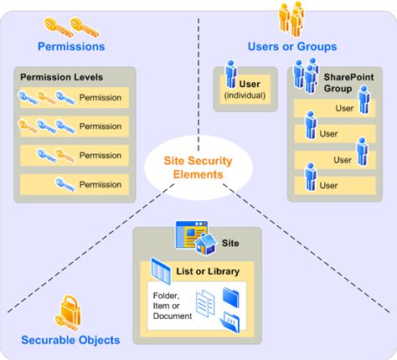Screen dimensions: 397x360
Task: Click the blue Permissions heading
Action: [71, 46]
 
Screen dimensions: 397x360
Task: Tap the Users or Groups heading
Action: [292, 46]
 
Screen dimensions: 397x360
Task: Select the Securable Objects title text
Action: [70, 340]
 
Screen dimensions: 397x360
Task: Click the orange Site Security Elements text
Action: [198, 167]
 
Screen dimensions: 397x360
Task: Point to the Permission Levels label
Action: [61, 77]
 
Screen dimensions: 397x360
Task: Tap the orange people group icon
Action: [291, 19]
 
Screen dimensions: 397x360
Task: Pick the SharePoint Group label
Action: [348, 83]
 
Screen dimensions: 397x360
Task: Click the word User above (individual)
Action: [250, 84]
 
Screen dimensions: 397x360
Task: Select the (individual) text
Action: [245, 95]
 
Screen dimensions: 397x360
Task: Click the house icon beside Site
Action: [206, 244]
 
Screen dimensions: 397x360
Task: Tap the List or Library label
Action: [208, 271]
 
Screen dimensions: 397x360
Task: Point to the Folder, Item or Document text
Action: [173, 306]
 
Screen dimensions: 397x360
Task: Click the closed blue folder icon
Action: [231, 298]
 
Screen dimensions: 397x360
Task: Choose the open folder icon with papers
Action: [229, 322]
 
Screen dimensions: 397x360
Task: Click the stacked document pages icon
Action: [205, 304]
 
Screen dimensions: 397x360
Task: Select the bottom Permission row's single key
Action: [65, 185]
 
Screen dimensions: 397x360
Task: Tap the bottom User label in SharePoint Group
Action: [328, 185]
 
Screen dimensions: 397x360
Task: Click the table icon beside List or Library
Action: [161, 271]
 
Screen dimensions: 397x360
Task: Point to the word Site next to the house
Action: [230, 243]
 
